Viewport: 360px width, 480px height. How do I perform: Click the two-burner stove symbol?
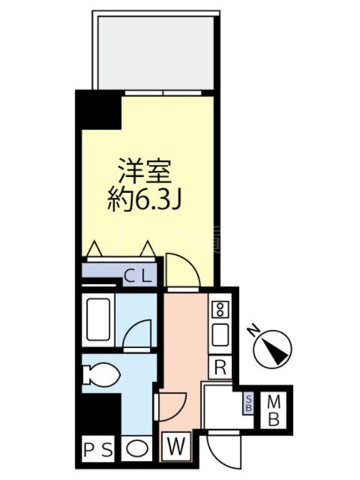[x=220, y=310]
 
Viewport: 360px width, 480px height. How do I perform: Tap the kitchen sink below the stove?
[x=220, y=335]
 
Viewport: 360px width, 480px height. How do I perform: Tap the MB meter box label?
[x=274, y=410]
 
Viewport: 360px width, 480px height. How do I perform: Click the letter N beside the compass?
[x=254, y=329]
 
